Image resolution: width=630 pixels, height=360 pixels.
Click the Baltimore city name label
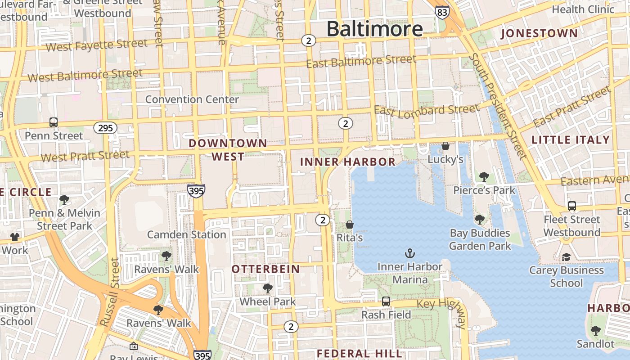coord(374,29)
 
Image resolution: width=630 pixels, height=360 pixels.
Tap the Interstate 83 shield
coord(442,12)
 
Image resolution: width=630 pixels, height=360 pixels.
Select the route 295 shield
coord(105,128)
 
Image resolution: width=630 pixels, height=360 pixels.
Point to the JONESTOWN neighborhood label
coord(539,33)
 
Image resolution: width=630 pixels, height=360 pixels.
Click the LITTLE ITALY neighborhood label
coord(571,140)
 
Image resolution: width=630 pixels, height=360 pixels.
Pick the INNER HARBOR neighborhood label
coord(348,162)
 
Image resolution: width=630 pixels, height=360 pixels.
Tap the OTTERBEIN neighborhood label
coord(265,269)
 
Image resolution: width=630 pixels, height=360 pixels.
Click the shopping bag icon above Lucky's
coord(445,146)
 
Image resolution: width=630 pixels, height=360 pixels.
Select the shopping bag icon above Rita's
coord(350,224)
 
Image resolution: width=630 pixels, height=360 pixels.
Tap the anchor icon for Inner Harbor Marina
coord(409,253)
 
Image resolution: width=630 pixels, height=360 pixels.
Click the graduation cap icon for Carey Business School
coord(566,257)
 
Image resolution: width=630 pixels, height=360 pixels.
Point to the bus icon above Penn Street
coord(54,122)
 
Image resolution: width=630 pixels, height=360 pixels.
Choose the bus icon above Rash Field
coord(386,301)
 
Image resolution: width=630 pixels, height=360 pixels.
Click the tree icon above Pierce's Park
coord(484,177)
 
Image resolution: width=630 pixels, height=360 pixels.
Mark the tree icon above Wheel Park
coord(268,288)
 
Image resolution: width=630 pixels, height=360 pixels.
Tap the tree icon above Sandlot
coord(595,331)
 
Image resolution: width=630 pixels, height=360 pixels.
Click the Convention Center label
coord(192,99)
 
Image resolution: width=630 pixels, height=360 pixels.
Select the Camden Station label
coord(187,234)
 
